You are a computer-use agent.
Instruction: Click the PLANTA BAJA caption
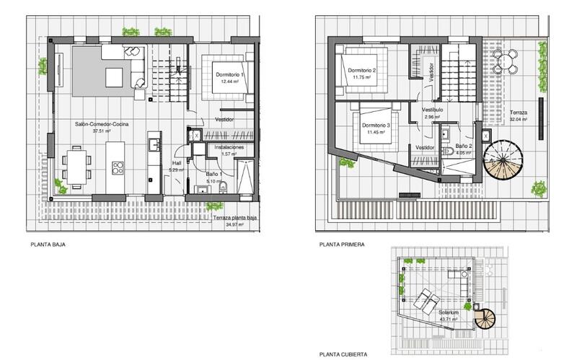[48, 245]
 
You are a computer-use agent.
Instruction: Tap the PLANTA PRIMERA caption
[341, 245]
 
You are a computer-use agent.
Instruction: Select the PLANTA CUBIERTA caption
[343, 354]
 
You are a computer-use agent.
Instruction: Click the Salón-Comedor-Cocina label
[101, 124]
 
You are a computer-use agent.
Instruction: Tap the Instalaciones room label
[230, 146]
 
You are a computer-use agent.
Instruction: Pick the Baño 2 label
[464, 146]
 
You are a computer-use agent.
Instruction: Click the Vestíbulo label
[432, 109]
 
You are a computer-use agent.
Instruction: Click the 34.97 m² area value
[235, 225]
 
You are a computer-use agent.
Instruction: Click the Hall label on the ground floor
[176, 163]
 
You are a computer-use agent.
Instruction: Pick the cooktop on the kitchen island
[117, 168]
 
